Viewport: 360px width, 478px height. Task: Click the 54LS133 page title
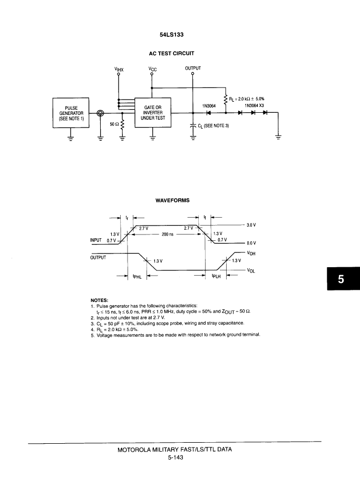coord(172,35)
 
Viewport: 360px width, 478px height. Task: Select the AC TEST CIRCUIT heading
coord(172,53)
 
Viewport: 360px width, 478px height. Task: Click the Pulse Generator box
coord(71,113)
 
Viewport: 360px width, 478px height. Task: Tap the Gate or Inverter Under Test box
coord(153,112)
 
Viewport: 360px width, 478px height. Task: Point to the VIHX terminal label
coord(119,70)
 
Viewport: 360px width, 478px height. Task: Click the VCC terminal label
coord(152,69)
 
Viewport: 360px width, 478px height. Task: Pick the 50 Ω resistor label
coord(114,124)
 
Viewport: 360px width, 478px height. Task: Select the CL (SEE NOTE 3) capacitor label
coord(213,125)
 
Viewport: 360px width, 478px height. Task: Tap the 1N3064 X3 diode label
coord(254,105)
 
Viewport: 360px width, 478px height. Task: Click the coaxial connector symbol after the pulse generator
coord(100,113)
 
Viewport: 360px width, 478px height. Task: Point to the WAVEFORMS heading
coord(172,200)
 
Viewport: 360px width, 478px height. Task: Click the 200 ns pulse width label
coord(167,234)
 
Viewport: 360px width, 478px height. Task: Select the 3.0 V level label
coord(251,225)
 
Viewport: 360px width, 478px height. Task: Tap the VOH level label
coord(251,253)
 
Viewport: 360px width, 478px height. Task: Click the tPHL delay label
coord(137,277)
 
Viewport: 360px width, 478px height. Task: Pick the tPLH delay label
coord(216,276)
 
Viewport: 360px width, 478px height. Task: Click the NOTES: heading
coord(100,300)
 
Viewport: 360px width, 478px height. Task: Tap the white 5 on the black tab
coord(341,279)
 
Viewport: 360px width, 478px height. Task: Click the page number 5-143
coord(176,457)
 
